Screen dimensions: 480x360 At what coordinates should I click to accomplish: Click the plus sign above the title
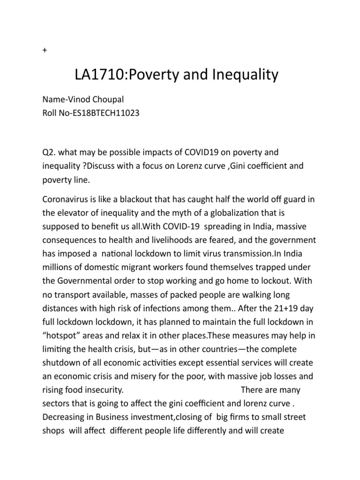click(x=44, y=51)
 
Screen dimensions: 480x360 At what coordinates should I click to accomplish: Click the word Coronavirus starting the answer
click(x=68, y=200)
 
